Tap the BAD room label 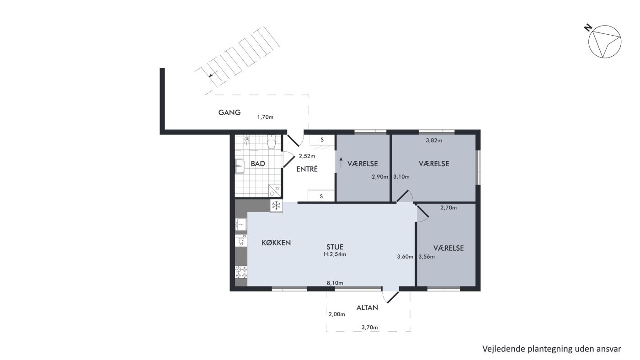(x=258, y=164)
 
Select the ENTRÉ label (x=307, y=169)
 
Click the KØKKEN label (x=276, y=243)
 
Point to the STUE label (x=335, y=247)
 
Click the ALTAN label (x=367, y=307)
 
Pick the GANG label (x=229, y=112)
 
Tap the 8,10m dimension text (x=335, y=283)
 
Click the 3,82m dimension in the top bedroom (x=434, y=140)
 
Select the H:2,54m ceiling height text (x=335, y=254)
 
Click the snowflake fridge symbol (x=276, y=206)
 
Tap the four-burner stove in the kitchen (x=241, y=272)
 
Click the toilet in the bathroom (x=271, y=142)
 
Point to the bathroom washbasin (x=240, y=166)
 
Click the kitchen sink (x=241, y=224)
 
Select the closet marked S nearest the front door (x=322, y=140)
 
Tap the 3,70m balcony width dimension (x=370, y=327)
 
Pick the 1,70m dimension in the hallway (x=266, y=117)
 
